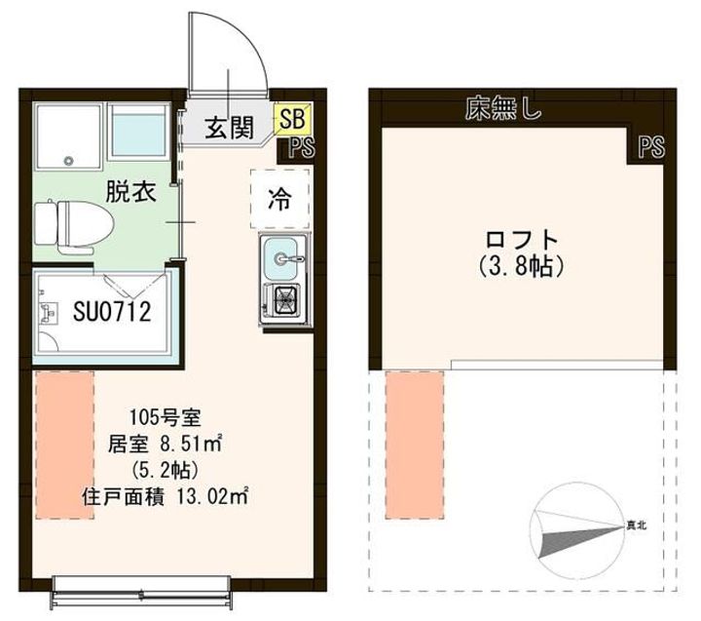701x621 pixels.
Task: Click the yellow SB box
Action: pyautogui.click(x=293, y=119)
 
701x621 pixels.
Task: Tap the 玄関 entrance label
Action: pyautogui.click(x=230, y=127)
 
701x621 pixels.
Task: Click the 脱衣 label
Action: pyautogui.click(x=130, y=192)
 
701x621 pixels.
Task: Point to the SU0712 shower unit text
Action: pyautogui.click(x=112, y=311)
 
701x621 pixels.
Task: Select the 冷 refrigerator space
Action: pyautogui.click(x=279, y=199)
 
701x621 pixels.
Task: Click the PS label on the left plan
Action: pyautogui.click(x=302, y=147)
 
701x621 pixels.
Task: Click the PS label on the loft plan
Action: pyautogui.click(x=651, y=147)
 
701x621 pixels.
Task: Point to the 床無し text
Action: pyautogui.click(x=503, y=109)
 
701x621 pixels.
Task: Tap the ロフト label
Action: pyautogui.click(x=522, y=240)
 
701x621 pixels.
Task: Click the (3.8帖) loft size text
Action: pyautogui.click(x=521, y=267)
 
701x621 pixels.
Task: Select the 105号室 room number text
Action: pyautogui.click(x=166, y=417)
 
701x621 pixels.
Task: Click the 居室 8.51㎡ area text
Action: pyautogui.click(x=166, y=445)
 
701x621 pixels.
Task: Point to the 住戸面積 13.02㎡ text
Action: pyautogui.click(x=166, y=497)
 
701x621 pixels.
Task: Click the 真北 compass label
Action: pyautogui.click(x=636, y=525)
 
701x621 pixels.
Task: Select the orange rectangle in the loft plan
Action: pyautogui.click(x=415, y=446)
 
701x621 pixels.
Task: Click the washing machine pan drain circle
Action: pyautogui.click(x=68, y=161)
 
